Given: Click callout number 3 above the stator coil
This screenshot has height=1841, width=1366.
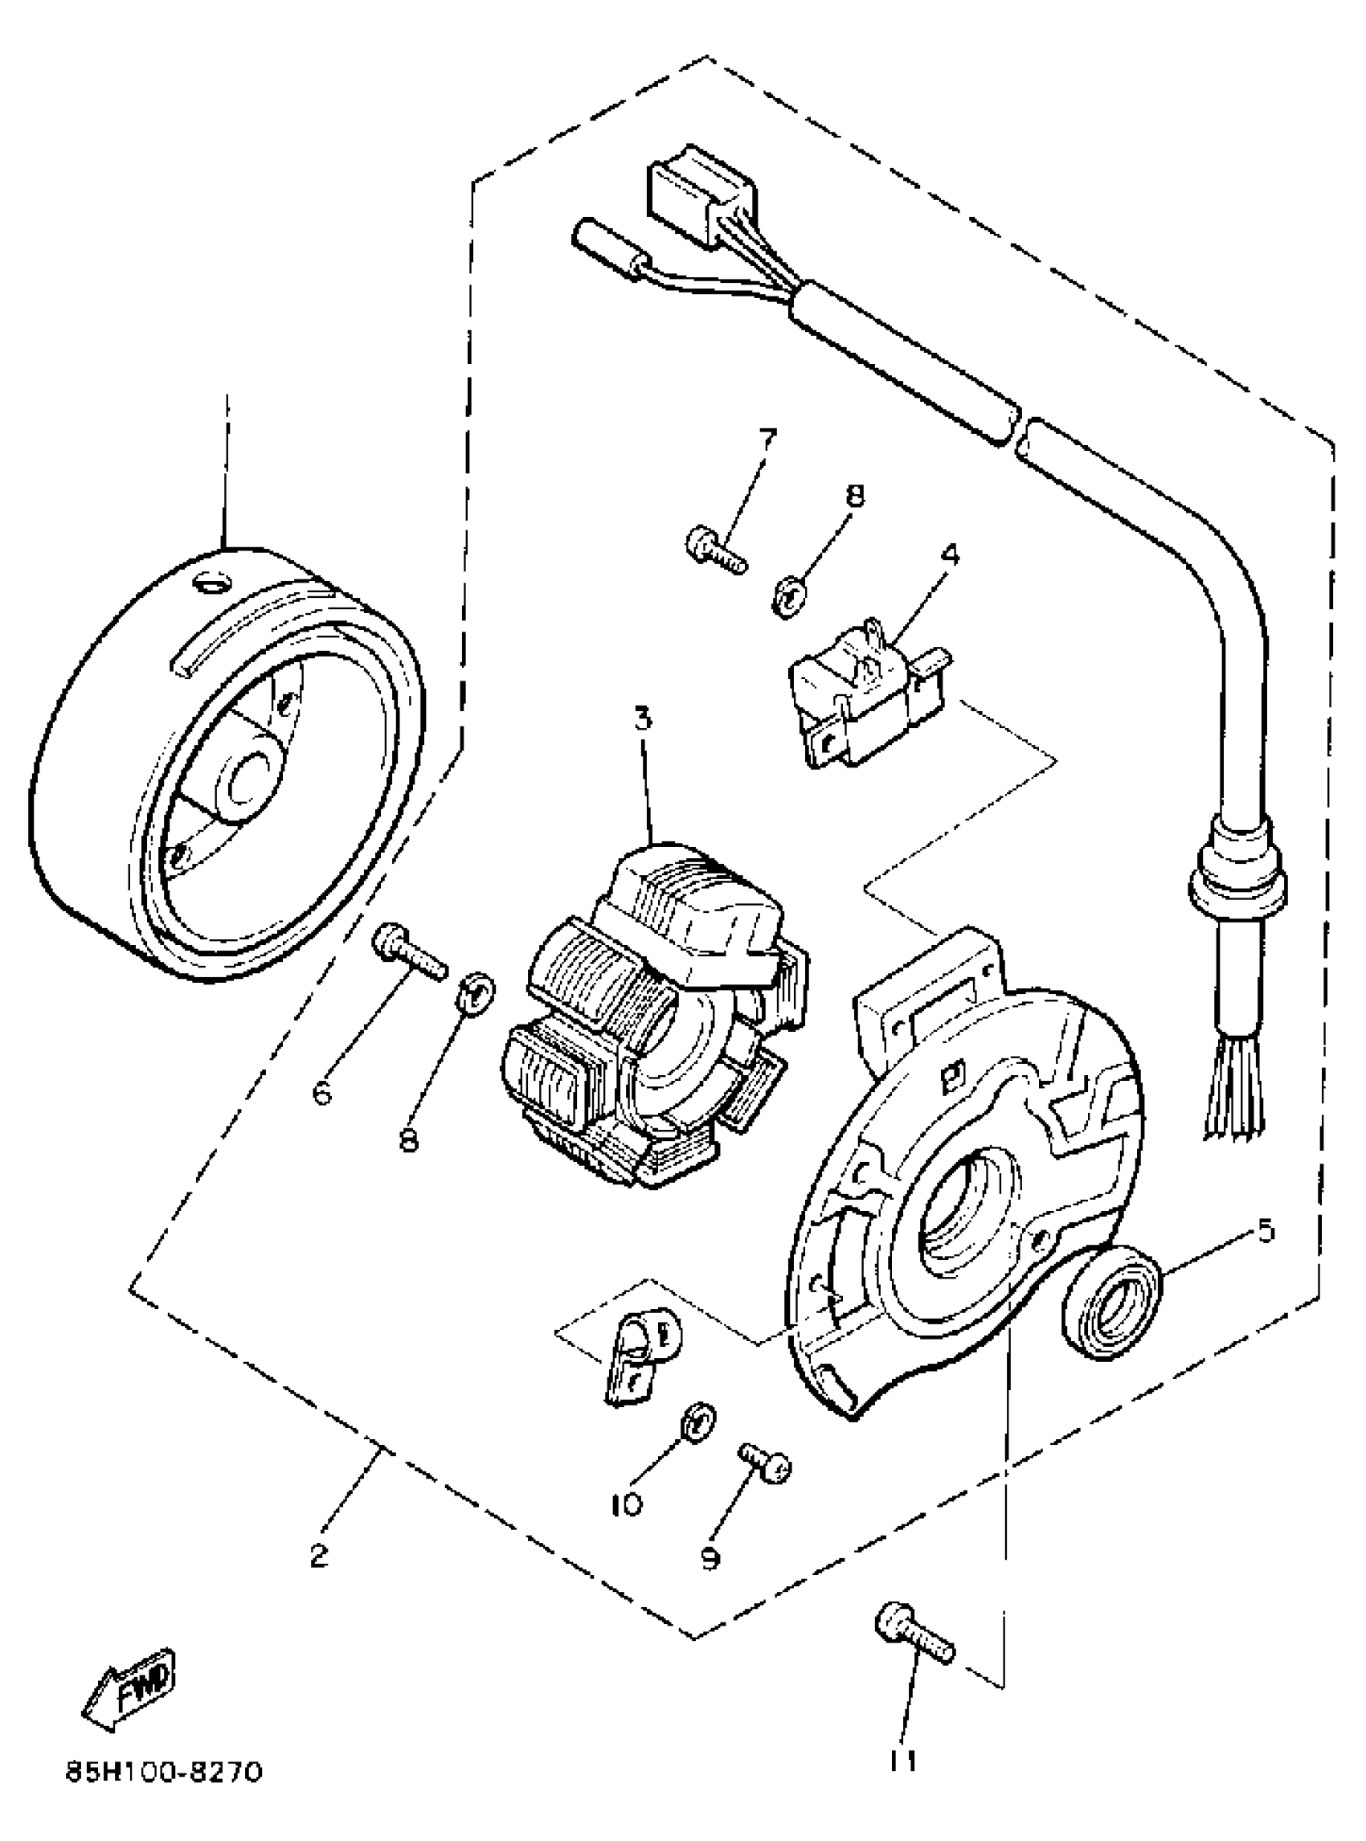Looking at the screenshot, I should click(644, 718).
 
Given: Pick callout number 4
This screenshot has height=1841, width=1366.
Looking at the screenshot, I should click(950, 554).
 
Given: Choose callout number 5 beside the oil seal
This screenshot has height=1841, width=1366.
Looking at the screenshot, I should click(1265, 1230).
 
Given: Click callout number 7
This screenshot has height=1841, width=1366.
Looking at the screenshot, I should click(768, 436).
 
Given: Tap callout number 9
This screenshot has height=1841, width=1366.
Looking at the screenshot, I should click(710, 1557).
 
